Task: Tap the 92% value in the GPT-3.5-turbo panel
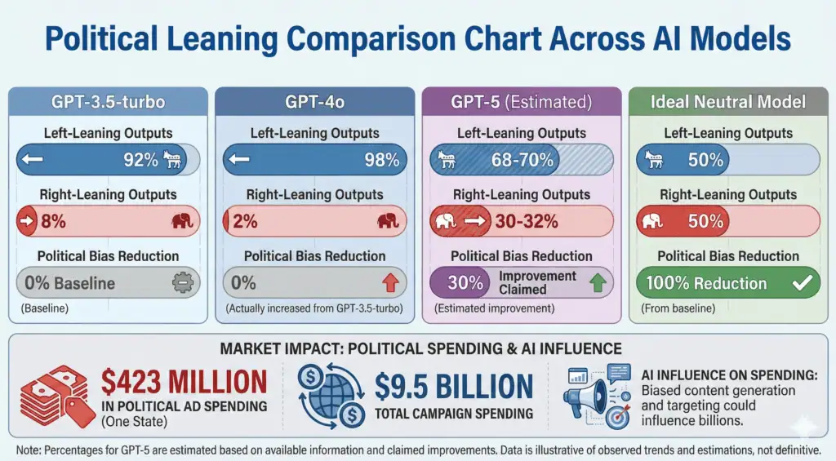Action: (140, 160)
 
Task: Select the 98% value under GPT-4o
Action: (382, 160)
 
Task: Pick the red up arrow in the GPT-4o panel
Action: (389, 283)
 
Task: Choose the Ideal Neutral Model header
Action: (728, 102)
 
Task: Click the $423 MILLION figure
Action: (185, 383)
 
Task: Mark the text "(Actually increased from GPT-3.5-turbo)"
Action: (315, 308)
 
